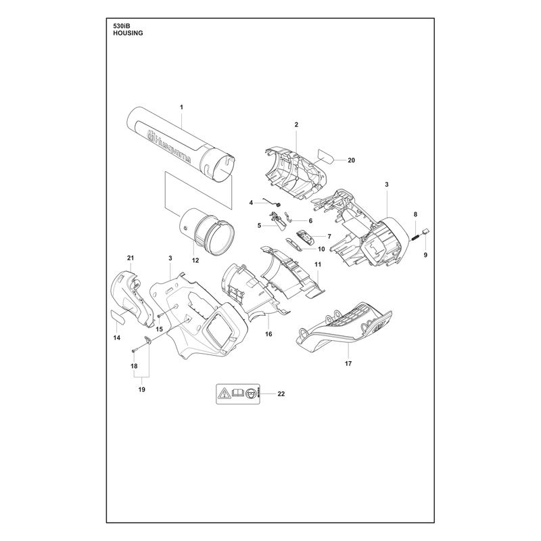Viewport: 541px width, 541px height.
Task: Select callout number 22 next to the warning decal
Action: click(281, 394)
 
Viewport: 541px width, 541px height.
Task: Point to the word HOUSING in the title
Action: click(128, 33)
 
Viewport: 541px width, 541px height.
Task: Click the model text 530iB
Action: click(121, 26)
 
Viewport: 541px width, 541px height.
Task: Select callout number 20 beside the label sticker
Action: click(351, 160)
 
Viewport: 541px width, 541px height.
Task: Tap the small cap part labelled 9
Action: click(425, 231)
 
